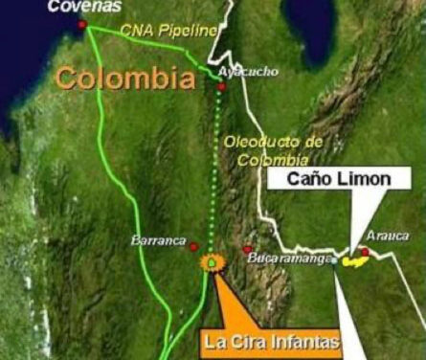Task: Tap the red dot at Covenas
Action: coord(82,24)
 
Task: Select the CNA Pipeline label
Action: coord(169,31)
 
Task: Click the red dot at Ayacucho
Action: coord(221,87)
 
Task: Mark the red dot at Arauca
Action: coord(365,253)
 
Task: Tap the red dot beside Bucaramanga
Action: coord(248,249)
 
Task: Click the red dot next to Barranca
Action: coord(194,247)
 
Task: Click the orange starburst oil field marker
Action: coord(208,262)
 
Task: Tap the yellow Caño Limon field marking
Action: coord(356,259)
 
